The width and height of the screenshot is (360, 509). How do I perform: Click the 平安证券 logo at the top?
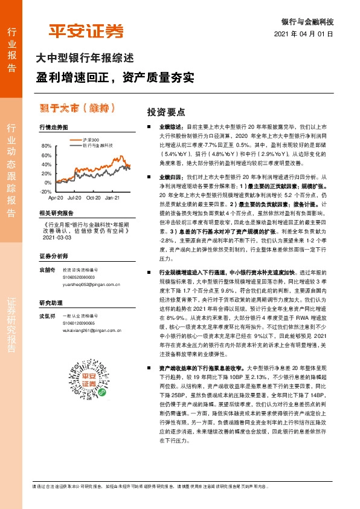[86, 30]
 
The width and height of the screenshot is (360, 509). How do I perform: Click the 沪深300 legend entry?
[90, 140]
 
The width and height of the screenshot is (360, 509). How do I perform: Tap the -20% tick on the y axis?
[46, 191]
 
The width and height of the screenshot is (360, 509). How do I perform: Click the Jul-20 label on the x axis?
[74, 197]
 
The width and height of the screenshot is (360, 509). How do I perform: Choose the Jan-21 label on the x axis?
[113, 197]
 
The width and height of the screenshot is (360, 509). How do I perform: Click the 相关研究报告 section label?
[56, 213]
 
